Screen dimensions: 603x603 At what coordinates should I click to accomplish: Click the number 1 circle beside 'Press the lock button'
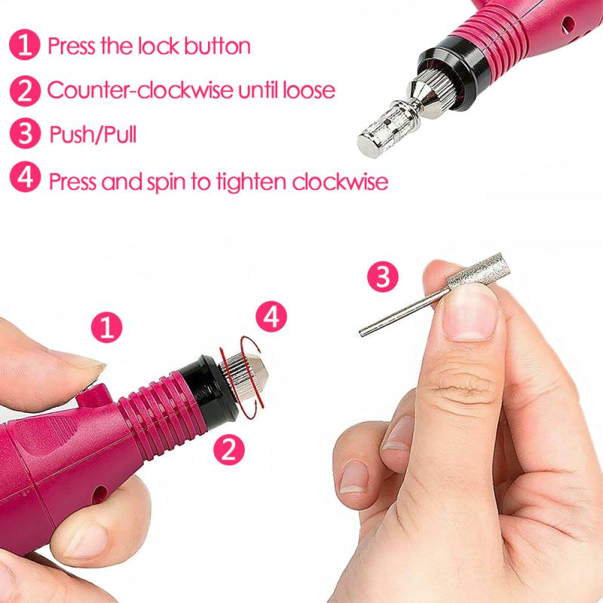[x=26, y=45]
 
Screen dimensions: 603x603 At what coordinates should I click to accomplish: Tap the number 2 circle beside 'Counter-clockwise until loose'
[x=26, y=90]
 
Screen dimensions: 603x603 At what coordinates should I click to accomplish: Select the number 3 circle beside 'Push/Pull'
[x=26, y=136]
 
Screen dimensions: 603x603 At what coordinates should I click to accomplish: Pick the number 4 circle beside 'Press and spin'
[x=26, y=180]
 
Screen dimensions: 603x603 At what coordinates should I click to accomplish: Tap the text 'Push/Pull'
[x=93, y=136]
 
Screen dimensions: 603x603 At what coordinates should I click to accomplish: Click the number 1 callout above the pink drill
[x=106, y=328]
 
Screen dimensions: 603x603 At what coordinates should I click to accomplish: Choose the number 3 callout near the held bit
[x=383, y=277]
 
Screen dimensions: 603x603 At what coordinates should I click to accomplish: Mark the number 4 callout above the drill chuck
[x=271, y=316]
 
